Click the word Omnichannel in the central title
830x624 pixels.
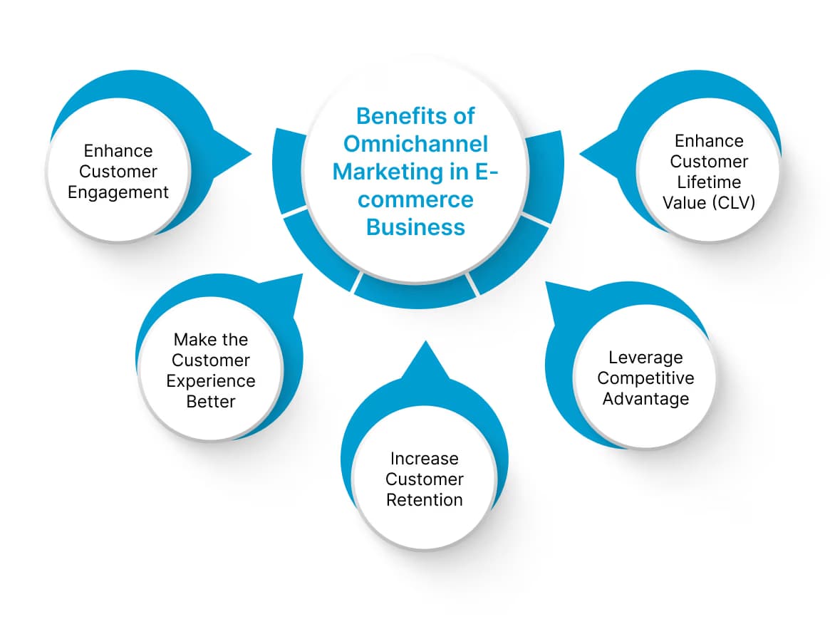tap(415, 144)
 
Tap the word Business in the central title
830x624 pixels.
tap(415, 227)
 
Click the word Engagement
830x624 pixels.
tap(118, 192)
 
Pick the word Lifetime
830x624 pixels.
tap(709, 182)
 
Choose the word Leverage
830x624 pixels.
tap(645, 357)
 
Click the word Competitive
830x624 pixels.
tap(645, 378)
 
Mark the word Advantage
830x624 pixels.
tap(645, 398)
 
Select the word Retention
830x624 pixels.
tap(425, 500)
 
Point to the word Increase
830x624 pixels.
tap(425, 459)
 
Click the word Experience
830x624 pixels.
tap(211, 381)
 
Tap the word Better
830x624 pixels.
tap(211, 402)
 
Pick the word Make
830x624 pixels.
tap(190, 340)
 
